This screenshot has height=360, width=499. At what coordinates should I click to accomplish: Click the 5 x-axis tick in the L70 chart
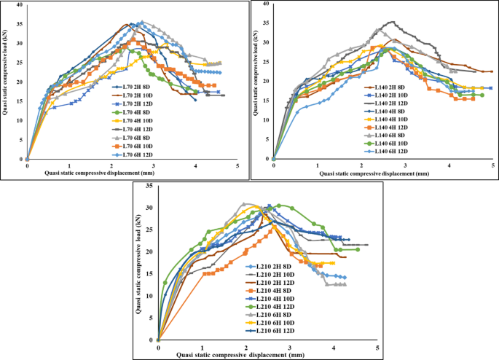(238, 166)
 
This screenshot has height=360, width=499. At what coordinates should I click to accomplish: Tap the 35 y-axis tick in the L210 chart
(151, 186)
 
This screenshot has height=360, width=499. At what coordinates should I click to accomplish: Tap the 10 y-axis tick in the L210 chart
(151, 296)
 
